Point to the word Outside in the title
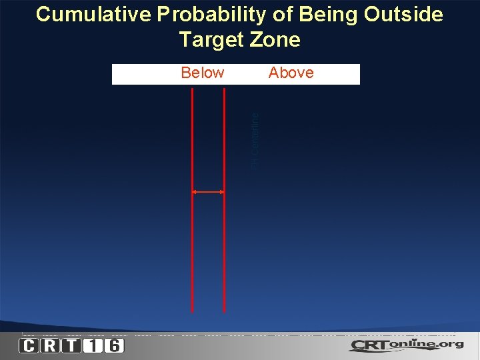[403, 15]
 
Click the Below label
[203, 73]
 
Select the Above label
[291, 73]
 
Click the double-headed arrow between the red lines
[208, 192]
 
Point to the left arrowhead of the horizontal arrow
[195, 192]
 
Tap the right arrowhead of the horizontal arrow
[221, 192]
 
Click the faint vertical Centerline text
[255, 140]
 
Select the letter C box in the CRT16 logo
[29, 345]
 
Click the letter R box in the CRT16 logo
[50, 345]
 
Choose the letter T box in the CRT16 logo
[71, 345]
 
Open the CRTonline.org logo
[407, 345]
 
